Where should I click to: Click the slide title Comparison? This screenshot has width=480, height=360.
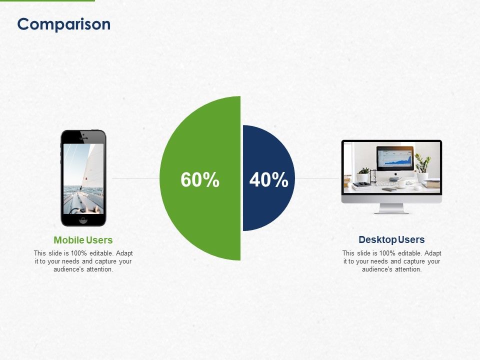coord(63,24)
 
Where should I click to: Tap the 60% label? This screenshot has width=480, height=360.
coord(200,180)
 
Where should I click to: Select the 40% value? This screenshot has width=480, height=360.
coord(268,180)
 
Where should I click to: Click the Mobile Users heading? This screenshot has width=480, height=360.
coord(83,240)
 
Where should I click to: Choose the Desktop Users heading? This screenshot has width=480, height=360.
coord(391,239)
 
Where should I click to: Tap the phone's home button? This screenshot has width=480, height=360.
coord(83,219)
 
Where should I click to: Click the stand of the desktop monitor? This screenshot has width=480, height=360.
coord(391,208)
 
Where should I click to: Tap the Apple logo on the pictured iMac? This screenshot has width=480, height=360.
coord(395,175)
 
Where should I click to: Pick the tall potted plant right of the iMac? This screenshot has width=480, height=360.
coord(422,167)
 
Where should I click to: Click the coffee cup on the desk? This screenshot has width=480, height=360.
coord(401,183)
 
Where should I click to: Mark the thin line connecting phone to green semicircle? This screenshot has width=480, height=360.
coord(135,177)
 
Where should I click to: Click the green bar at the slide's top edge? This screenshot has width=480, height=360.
coord(47,0)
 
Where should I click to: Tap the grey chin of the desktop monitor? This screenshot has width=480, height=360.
coord(391,198)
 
